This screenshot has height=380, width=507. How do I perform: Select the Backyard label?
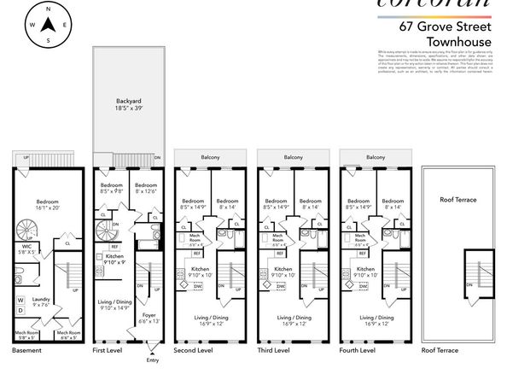point(127,104)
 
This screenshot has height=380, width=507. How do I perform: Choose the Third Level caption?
point(275,350)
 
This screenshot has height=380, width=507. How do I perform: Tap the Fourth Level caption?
point(358,350)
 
